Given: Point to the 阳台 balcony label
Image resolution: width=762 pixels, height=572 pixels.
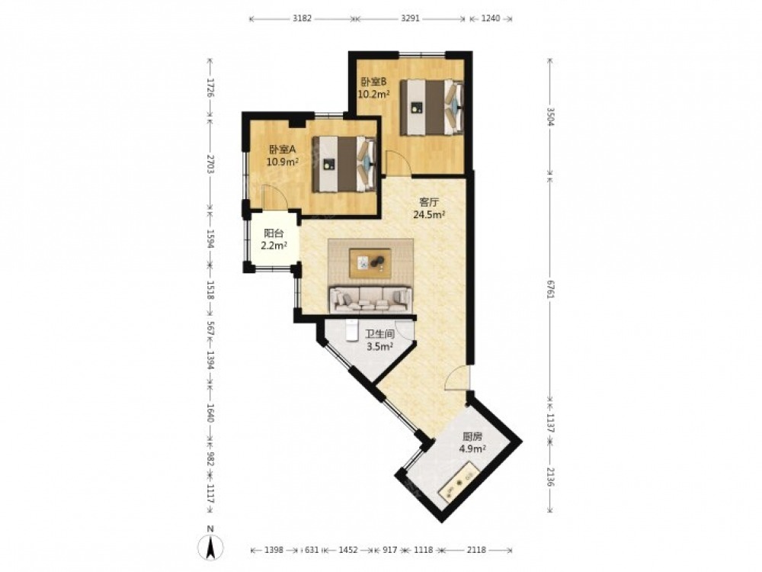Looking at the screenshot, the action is (274, 233).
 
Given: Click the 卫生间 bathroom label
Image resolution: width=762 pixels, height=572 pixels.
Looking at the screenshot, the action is (379, 335).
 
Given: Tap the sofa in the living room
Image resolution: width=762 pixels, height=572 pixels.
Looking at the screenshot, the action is (370, 300).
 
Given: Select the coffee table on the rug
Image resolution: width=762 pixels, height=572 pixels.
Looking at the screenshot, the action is (370, 263).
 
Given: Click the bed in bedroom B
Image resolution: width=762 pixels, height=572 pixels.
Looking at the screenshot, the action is (431, 108).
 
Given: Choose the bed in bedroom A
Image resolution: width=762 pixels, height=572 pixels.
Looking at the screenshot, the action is (344, 164).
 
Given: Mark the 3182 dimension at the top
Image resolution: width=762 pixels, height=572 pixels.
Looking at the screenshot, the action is (303, 19).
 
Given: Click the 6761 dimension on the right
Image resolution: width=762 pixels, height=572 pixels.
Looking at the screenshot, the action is (550, 291).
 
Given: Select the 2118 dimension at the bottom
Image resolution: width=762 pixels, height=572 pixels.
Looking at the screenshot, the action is (476, 550).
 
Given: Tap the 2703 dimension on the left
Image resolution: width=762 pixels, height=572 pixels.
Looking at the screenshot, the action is (210, 165).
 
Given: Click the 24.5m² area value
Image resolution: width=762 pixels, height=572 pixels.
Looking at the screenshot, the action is (430, 214).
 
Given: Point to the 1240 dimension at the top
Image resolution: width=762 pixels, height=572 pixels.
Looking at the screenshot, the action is (490, 19).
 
